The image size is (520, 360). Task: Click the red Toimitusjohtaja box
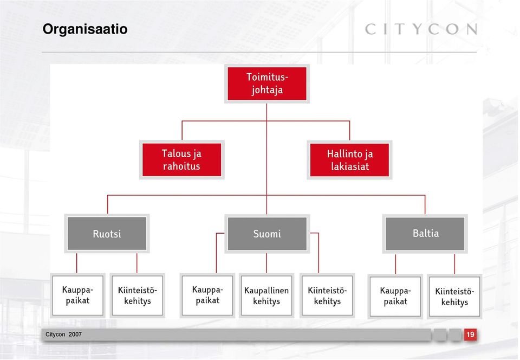(267, 83)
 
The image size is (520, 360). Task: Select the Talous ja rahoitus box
(182, 159)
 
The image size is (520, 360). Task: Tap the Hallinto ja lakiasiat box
(349, 160)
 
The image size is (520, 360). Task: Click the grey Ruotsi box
(107, 234)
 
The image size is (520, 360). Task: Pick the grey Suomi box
(267, 234)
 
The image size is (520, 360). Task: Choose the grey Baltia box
(425, 234)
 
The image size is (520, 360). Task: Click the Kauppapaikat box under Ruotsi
(77, 295)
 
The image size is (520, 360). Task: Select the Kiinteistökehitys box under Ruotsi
(137, 295)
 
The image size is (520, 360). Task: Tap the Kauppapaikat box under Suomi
(207, 295)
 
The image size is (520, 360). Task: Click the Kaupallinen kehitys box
(266, 295)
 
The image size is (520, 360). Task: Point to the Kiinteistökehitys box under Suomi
(327, 295)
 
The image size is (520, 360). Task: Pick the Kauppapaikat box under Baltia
(395, 296)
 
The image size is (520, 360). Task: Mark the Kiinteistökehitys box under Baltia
(454, 296)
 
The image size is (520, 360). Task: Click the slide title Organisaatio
(85, 29)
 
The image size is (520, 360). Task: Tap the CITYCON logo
(421, 29)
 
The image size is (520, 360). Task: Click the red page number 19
(470, 335)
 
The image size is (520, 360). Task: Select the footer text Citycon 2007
(64, 335)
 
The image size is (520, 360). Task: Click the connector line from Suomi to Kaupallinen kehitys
(266, 263)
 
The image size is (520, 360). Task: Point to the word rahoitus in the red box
(181, 166)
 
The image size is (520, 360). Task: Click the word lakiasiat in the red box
(350, 166)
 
